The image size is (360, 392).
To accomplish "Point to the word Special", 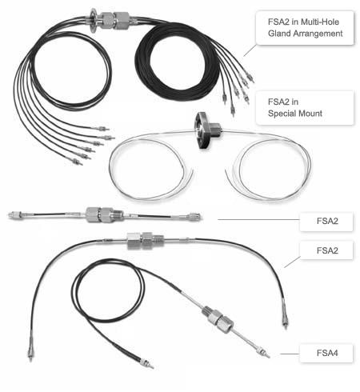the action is (x=280, y=114).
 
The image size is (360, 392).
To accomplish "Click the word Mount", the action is (x=308, y=114).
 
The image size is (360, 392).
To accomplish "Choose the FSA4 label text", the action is (x=327, y=353).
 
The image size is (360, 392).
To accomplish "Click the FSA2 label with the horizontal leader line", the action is (x=327, y=221).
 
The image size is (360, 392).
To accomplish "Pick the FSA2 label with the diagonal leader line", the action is (x=327, y=250).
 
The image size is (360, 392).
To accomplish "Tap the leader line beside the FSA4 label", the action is (x=290, y=354).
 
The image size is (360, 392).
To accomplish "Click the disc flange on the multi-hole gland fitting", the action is (x=94, y=21).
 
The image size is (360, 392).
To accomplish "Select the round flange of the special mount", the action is (x=201, y=130).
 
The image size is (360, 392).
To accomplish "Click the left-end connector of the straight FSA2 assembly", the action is (x=17, y=214).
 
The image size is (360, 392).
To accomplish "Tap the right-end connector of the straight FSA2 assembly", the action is (x=194, y=216).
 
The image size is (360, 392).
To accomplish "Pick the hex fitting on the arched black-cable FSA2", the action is (x=145, y=241).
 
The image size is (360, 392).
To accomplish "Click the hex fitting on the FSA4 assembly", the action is (x=218, y=319).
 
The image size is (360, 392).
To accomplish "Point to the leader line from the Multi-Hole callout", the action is (x=250, y=50).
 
